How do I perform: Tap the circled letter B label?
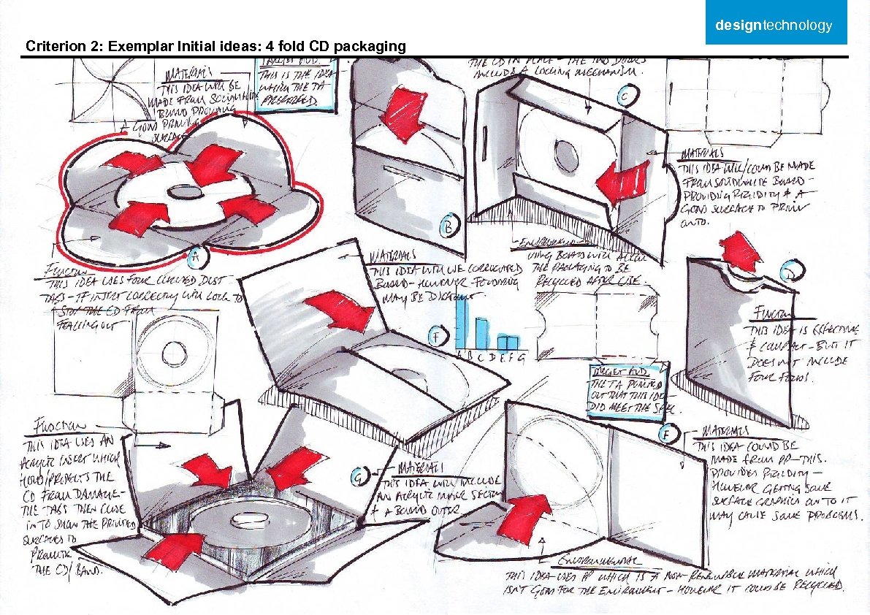(448, 226)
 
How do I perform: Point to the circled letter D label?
(790, 272)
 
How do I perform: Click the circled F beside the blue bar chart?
(437, 337)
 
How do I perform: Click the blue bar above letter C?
(483, 334)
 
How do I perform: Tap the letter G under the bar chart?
(521, 356)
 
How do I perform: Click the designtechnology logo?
(774, 26)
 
